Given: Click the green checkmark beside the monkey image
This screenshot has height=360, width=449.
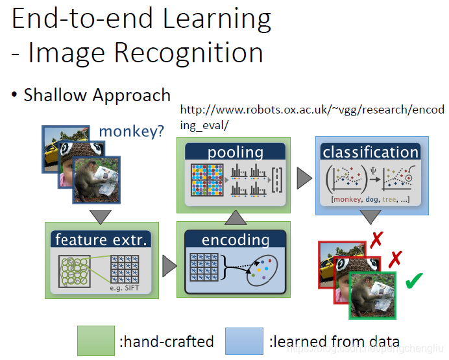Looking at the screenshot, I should click(413, 282).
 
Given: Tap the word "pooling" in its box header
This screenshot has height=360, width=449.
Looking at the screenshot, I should click(235, 153).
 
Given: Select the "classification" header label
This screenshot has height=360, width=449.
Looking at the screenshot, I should click(370, 152).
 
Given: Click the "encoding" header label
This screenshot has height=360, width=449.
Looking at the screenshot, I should click(235, 239).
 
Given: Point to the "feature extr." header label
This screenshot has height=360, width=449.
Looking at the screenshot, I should click(103, 239).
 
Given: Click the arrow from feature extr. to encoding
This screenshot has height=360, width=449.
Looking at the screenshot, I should click(169, 265).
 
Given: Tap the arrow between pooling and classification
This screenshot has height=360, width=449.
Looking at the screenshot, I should click(303, 176).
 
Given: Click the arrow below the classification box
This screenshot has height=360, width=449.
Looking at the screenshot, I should click(370, 219).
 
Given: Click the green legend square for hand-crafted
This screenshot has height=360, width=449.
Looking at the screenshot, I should click(95, 341).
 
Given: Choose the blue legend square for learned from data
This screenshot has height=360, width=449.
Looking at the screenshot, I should click(244, 341).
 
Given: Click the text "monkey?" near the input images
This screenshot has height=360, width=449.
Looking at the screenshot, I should click(131, 133).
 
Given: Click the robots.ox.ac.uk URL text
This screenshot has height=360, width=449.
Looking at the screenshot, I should click(313, 110).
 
